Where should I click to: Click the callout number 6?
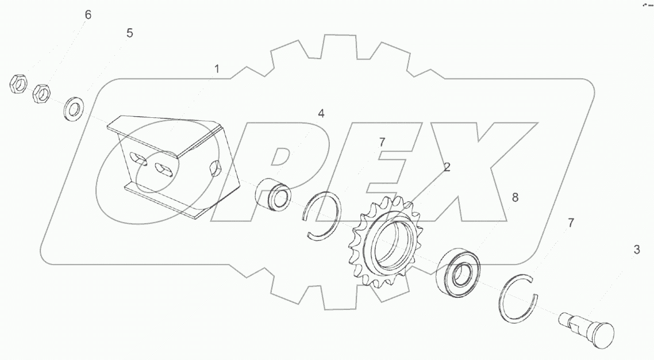[x=87, y=15]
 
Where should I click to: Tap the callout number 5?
[x=130, y=33]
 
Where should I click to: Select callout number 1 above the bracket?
[x=217, y=69]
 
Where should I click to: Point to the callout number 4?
[x=321, y=113]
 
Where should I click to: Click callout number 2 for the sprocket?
[x=447, y=167]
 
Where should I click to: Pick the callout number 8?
[x=515, y=198]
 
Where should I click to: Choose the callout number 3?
[x=637, y=250]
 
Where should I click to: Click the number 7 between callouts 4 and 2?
[x=382, y=143]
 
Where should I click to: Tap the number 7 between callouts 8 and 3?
[x=571, y=223]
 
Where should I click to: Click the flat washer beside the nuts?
[x=74, y=109]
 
